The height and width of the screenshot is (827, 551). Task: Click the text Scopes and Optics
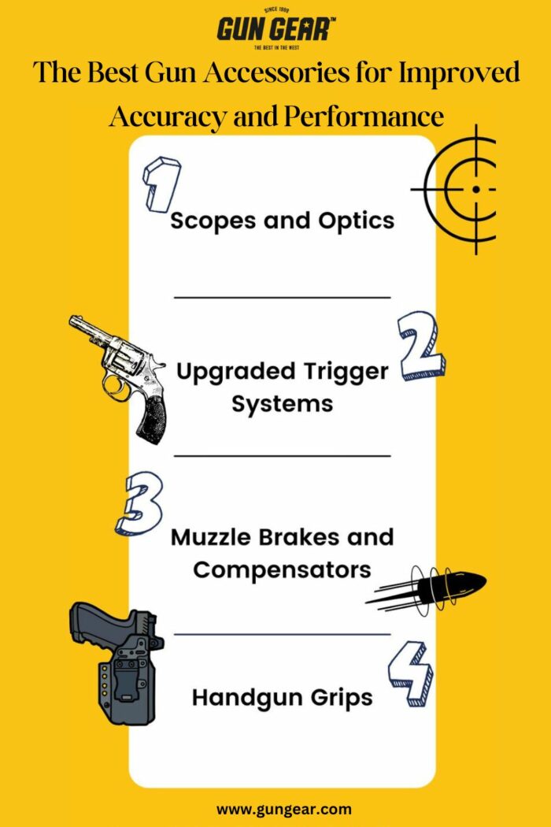(x=282, y=221)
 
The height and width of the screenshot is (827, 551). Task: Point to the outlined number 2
(x=421, y=346)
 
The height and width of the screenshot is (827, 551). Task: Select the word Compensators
(x=282, y=569)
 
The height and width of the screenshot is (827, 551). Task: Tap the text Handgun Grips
(x=282, y=698)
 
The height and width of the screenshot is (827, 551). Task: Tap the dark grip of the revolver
(x=151, y=413)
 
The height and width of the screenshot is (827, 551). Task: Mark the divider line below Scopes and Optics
(x=282, y=298)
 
